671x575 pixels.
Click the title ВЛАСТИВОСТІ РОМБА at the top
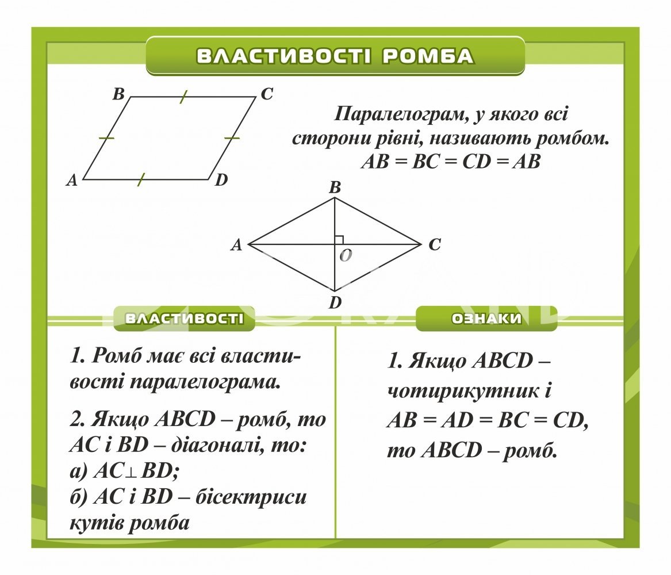pos(335,56)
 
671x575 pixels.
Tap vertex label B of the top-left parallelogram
pos(119,94)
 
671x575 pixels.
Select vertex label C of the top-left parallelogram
pos(266,94)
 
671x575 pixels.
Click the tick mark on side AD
pos(141,179)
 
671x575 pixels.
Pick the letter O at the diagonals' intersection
pos(345,256)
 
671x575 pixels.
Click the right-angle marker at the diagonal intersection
pos(339,240)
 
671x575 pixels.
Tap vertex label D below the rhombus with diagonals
pos(335,302)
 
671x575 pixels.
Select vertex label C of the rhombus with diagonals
pos(434,245)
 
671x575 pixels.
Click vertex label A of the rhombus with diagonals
pos(236,246)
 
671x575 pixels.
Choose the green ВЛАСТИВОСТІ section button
pos(184,319)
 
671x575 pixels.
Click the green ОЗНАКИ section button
pos(486,319)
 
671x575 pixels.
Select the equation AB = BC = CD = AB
pos(451,162)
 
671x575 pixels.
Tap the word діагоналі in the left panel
pos(217,444)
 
